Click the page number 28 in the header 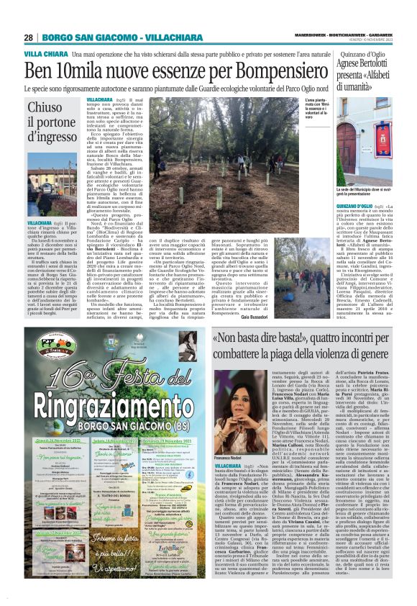pos(28,37)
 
